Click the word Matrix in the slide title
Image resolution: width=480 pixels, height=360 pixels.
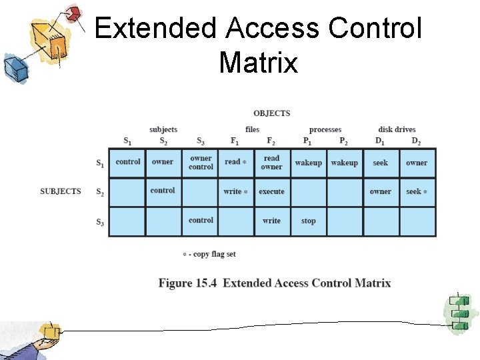click(258, 63)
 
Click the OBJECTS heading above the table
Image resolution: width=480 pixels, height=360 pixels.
click(271, 113)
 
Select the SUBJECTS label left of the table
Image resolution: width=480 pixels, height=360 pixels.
click(61, 191)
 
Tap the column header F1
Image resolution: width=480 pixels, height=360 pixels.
click(235, 141)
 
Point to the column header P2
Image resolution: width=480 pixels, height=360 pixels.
click(343, 141)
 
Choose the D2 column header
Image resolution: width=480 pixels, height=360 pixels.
click(416, 141)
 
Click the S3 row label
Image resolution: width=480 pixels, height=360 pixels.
click(99, 222)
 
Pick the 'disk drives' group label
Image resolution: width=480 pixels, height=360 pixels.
click(397, 129)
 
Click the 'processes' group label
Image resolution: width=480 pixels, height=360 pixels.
click(325, 129)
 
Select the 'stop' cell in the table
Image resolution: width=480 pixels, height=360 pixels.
click(308, 221)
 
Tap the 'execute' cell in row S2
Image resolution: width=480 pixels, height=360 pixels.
click(271, 191)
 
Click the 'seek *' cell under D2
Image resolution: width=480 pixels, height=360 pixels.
click(417, 191)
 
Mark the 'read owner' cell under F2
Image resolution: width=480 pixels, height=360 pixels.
click(271, 163)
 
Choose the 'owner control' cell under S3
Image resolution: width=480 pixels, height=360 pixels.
click(201, 163)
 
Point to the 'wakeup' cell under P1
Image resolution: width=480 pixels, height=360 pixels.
click(308, 163)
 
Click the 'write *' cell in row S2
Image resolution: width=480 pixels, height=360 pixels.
click(235, 191)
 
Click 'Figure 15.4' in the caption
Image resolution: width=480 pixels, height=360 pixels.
click(188, 283)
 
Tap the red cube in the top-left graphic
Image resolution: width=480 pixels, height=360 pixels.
click(73, 13)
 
